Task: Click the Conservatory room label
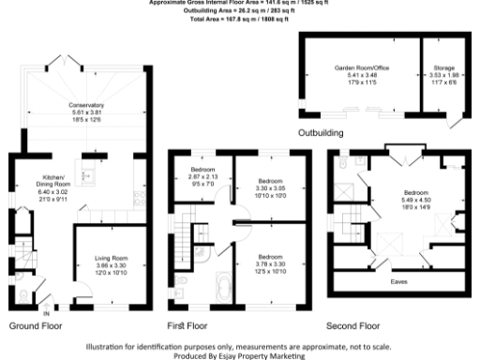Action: click(x=86, y=104)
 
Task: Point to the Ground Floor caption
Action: click(x=37, y=326)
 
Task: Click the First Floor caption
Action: click(x=187, y=326)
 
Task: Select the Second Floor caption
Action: click(x=353, y=326)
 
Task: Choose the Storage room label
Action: click(x=443, y=68)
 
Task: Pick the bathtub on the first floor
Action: click(x=222, y=288)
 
